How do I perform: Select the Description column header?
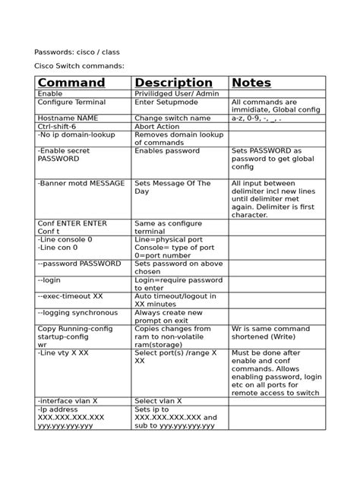[173, 82]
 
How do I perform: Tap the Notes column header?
[251, 82]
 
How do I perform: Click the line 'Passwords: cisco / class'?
[77, 52]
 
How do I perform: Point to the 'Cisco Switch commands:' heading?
[80, 66]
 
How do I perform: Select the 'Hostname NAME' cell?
[68, 118]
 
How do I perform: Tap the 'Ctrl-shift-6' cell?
[58, 127]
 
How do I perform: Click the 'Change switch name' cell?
[172, 118]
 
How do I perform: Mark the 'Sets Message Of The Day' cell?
[172, 188]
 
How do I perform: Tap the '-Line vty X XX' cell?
[63, 352]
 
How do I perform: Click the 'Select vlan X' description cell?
[158, 400]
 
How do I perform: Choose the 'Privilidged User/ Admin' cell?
[177, 93]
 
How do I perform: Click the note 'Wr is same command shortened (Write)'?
[270, 333]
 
